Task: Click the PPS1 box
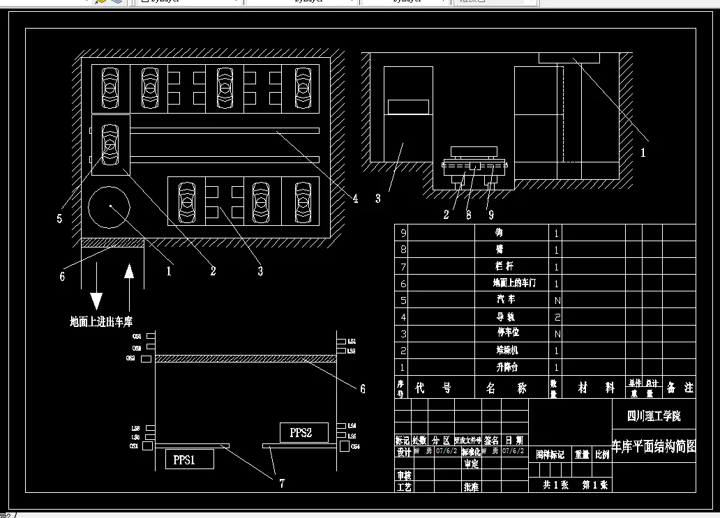pos(183,460)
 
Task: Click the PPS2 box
pos(300,432)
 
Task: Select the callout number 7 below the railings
pos(282,483)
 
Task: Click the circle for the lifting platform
pos(110,207)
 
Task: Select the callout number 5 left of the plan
pos(59,219)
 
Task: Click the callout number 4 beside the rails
pos(355,199)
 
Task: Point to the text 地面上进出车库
pos(101,321)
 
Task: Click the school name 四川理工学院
pos(654,416)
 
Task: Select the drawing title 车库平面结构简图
pos(654,447)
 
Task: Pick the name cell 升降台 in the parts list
pos(508,367)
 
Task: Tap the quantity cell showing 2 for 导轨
pos(556,317)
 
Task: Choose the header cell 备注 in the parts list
pos(679,387)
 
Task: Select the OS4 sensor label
pos(355,446)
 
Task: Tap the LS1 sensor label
pos(351,341)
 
